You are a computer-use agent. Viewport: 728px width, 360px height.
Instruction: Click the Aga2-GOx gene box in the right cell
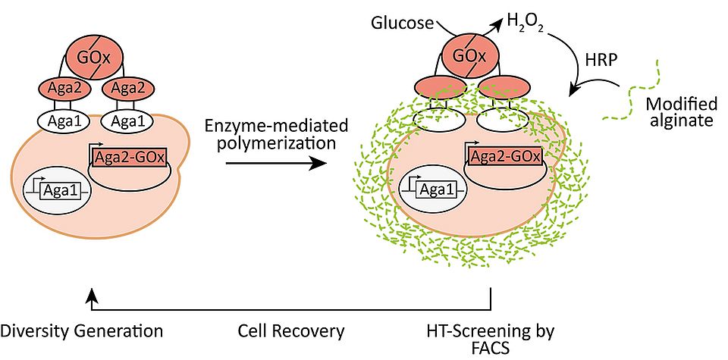tap(505, 157)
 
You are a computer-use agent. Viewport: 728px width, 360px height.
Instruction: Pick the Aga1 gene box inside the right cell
tap(438, 190)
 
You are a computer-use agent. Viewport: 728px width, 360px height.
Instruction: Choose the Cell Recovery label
tap(290, 331)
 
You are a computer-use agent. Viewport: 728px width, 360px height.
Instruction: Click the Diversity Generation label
tap(81, 331)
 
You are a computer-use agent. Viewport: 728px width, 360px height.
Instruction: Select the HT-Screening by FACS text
tap(491, 339)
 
